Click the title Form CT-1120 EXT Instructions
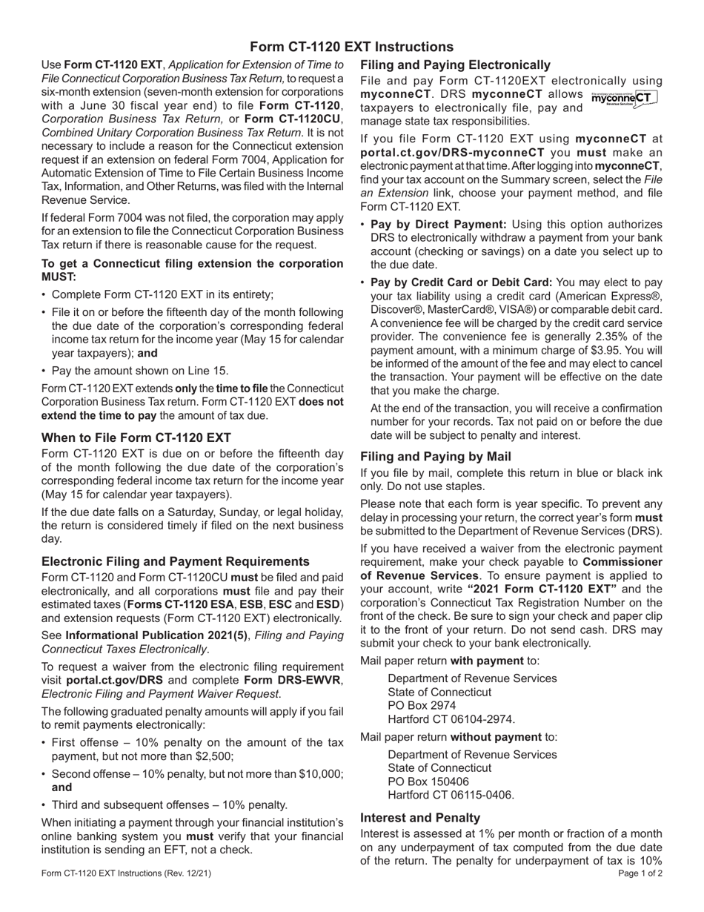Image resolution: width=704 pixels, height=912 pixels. point(351,47)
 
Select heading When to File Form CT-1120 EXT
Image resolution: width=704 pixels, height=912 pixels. point(136,437)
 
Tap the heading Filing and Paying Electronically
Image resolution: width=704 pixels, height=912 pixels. point(455,65)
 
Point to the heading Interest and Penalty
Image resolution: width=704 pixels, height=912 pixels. point(420,817)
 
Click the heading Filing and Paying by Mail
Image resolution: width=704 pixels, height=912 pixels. point(436,457)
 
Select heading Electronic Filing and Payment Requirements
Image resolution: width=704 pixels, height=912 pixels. point(176,561)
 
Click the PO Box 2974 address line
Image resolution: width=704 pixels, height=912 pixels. point(422,705)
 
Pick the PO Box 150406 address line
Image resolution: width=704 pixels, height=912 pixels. point(428,782)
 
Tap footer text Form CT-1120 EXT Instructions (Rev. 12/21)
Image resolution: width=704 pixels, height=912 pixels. point(126,873)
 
